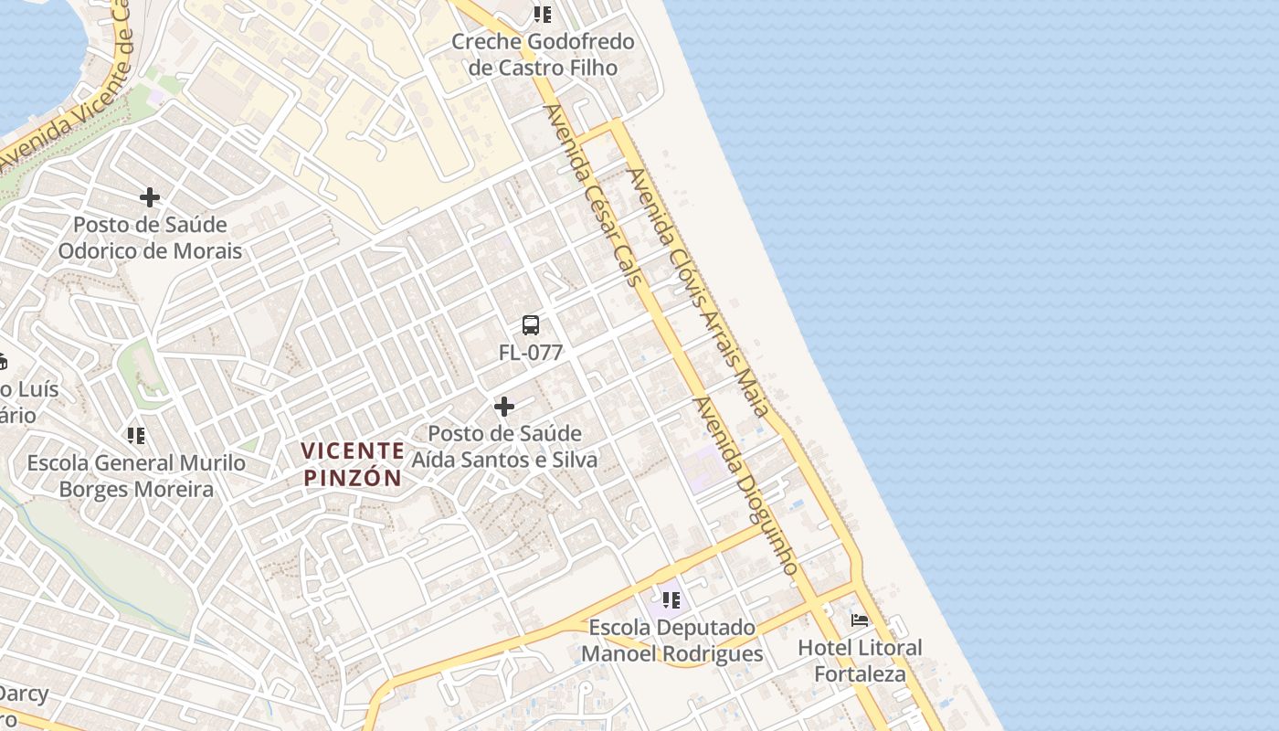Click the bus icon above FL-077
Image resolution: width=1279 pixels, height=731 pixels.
(x=530, y=325)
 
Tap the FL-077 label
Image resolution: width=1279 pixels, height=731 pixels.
(x=530, y=352)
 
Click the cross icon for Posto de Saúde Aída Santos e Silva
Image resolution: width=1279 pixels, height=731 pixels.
(x=503, y=407)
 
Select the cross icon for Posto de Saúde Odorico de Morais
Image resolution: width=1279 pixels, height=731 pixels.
(x=150, y=197)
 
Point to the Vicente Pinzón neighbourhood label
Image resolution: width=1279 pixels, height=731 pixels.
(x=353, y=464)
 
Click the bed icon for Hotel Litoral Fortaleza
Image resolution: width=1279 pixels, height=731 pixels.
(x=860, y=620)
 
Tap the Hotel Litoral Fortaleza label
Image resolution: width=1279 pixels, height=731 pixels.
(x=860, y=662)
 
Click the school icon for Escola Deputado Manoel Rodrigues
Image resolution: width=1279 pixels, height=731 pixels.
(x=671, y=600)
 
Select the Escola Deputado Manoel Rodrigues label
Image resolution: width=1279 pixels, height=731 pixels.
(x=671, y=641)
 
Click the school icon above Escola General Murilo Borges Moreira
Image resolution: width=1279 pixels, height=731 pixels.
(x=136, y=436)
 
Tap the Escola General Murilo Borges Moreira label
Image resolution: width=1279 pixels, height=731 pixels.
(x=136, y=476)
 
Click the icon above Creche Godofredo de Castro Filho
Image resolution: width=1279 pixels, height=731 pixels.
(x=543, y=15)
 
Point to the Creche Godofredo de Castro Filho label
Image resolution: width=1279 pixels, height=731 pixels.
(x=543, y=55)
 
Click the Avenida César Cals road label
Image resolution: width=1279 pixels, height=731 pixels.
(x=595, y=195)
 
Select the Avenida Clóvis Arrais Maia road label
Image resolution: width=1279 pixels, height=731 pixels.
(x=699, y=292)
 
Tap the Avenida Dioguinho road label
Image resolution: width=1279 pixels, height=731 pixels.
(x=745, y=485)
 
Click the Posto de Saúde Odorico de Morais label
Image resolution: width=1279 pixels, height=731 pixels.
(x=150, y=238)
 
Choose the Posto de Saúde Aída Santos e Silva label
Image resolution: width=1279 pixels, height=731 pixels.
(x=504, y=447)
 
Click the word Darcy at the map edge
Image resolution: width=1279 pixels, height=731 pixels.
(x=24, y=694)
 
